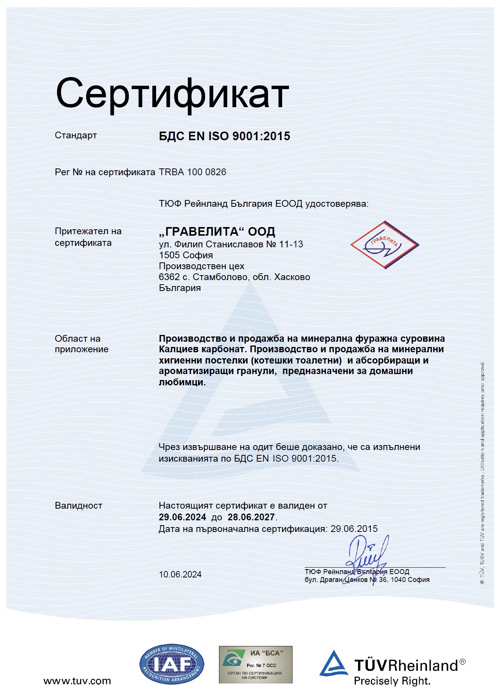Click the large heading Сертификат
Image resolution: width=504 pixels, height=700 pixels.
[172, 94]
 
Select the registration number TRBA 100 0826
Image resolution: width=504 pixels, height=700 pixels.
[193, 172]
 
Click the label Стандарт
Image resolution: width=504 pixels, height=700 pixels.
[76, 135]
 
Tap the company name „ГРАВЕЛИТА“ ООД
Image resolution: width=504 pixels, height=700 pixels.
[217, 232]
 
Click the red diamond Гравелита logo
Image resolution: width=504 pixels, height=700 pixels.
[384, 245]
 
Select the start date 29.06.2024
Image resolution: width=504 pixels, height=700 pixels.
[182, 517]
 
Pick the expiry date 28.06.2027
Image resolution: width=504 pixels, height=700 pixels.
[251, 517]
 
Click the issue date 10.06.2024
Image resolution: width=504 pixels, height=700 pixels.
[180, 574]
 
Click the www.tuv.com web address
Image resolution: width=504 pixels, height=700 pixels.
[77, 681]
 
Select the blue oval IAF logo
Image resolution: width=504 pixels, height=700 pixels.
[172, 665]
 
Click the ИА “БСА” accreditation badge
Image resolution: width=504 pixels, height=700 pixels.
[256, 665]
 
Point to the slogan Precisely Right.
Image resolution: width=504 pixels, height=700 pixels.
[392, 681]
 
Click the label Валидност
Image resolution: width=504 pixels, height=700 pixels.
[78, 506]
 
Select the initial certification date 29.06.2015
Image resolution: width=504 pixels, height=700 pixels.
[354, 529]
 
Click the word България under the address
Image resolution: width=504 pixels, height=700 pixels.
[180, 288]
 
